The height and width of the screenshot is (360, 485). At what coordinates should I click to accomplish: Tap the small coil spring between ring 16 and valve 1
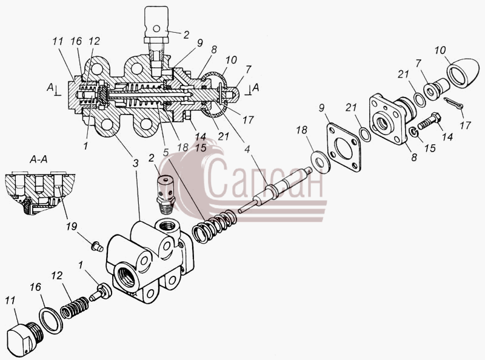[x=74, y=307]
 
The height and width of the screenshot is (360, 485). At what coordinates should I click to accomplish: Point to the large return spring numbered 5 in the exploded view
[x=214, y=225]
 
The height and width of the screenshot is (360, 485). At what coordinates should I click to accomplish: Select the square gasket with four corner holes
[x=343, y=147]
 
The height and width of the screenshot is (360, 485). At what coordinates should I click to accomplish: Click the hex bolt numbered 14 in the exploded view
[x=429, y=122]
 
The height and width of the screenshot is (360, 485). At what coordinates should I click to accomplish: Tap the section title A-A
[x=38, y=159]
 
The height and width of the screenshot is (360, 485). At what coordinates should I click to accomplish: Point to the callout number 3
[x=135, y=163]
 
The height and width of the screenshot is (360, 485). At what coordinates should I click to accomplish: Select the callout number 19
[x=72, y=227]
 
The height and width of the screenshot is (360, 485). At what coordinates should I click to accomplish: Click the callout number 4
[x=247, y=149]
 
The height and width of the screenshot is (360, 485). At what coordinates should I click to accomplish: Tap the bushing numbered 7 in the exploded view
[x=436, y=87]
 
